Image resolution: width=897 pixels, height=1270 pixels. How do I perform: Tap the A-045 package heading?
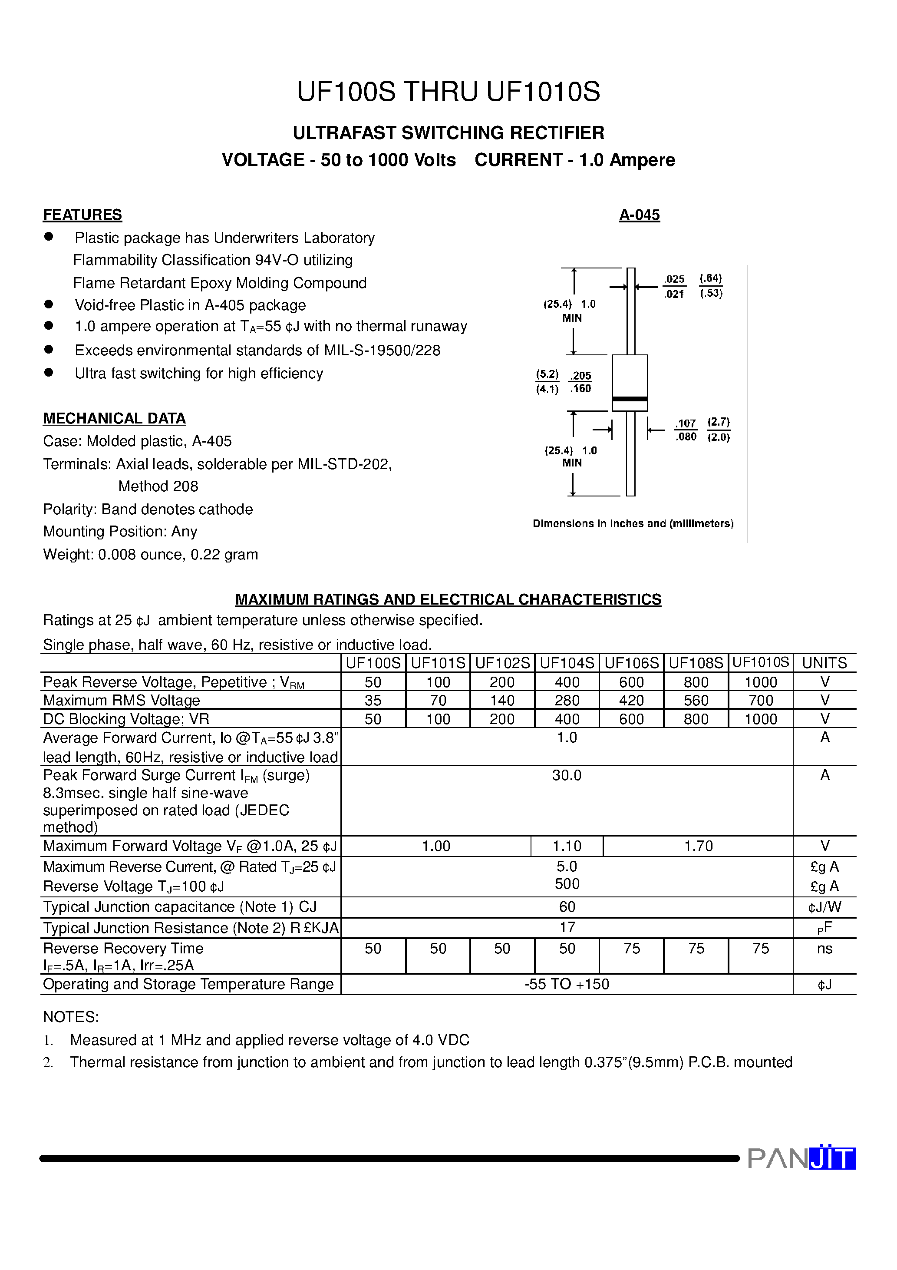639,215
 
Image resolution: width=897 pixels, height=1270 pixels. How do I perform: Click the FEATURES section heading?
82,215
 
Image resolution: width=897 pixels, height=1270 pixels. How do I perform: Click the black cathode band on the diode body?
630,399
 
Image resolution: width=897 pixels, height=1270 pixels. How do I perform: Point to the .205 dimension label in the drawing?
580,376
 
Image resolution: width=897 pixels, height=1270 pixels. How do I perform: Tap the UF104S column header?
567,663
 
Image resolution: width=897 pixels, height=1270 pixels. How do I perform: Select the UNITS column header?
824,663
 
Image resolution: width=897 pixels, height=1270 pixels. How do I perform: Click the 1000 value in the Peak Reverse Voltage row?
760,682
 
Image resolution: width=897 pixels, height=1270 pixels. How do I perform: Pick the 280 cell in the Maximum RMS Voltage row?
567,700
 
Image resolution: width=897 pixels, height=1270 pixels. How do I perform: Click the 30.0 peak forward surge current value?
567,775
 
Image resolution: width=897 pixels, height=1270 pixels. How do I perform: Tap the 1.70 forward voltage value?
698,846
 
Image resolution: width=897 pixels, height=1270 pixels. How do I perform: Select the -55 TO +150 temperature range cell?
567,984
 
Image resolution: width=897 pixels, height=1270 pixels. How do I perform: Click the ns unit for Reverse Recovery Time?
824,949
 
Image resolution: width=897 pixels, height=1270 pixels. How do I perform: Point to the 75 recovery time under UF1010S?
760,949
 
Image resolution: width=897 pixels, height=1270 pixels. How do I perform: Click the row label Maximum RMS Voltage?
121,700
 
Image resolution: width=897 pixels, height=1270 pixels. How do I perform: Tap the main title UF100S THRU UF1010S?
448,92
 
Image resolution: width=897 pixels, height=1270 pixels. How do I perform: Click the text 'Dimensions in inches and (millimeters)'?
633,523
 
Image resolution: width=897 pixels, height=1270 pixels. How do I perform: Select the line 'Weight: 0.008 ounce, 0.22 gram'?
150,554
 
